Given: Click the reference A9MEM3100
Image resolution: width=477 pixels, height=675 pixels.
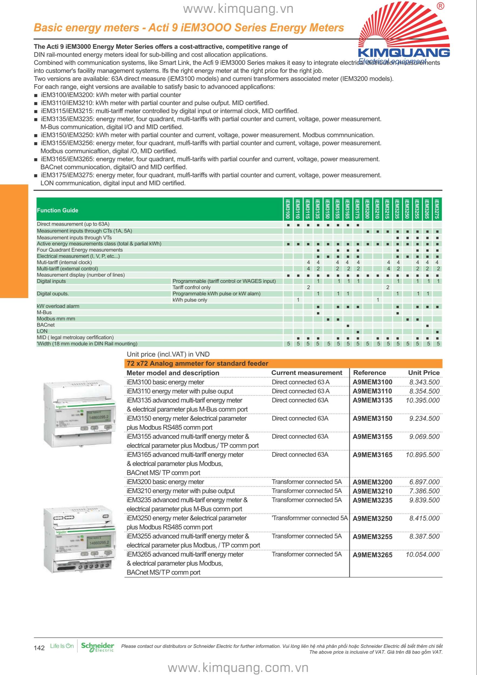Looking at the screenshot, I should [x=372, y=382].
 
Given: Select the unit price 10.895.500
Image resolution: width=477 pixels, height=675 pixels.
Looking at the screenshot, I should [x=422, y=455].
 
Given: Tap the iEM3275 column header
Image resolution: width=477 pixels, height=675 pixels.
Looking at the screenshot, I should [x=437, y=209].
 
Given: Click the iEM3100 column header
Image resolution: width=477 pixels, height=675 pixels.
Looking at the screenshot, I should [x=288, y=209].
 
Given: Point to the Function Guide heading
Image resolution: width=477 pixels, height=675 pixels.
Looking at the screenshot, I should [x=57, y=210].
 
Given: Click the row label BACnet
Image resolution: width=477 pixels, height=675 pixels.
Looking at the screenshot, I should [x=46, y=325].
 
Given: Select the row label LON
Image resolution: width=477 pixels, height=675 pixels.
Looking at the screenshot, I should [x=42, y=331].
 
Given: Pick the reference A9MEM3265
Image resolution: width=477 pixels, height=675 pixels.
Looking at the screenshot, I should [x=372, y=555].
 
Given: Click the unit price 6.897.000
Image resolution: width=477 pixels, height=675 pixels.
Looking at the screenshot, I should [x=424, y=482].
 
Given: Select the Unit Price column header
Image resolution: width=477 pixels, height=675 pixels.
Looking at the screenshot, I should [x=424, y=373].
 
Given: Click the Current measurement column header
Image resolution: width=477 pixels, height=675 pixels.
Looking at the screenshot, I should [x=307, y=373].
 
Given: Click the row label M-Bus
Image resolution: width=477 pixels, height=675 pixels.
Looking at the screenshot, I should [x=44, y=312].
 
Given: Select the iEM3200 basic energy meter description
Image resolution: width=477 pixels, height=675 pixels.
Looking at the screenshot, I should [x=165, y=482].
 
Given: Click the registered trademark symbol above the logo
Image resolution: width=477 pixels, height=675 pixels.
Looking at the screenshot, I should [x=441, y=6].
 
